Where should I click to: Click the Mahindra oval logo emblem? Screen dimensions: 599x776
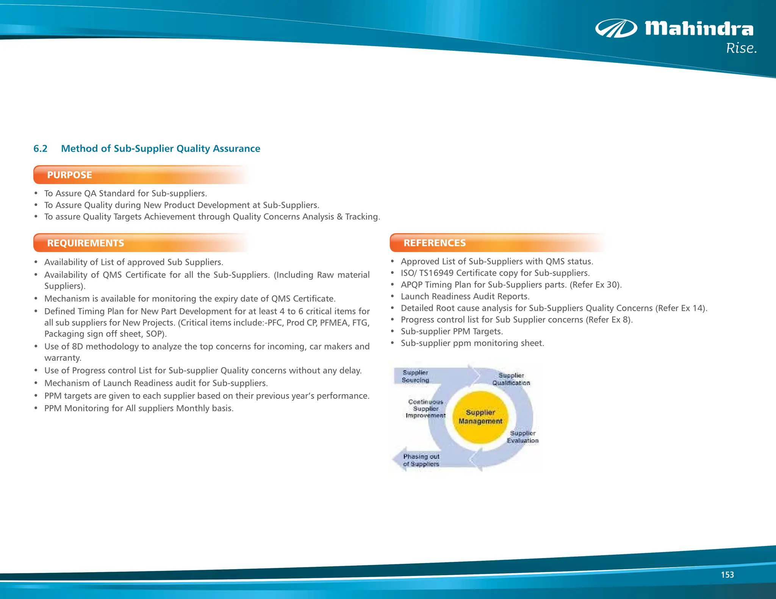(616, 28)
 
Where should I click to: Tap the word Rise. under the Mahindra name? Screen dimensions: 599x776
(741, 48)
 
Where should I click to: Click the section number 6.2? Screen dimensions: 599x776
(40, 148)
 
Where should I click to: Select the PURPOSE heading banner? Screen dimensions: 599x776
(70, 175)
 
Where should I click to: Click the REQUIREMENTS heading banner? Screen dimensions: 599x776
(86, 243)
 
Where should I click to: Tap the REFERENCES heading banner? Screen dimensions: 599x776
(435, 243)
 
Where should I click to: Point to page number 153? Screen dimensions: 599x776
(727, 575)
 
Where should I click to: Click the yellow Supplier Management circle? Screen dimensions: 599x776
(480, 417)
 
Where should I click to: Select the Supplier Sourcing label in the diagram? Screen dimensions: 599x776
(415, 376)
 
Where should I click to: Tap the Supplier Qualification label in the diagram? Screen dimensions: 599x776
(511, 379)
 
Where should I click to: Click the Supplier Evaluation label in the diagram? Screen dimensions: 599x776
(523, 437)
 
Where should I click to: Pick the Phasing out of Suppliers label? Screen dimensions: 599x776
(421, 460)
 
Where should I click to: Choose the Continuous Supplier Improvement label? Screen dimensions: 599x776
(426, 409)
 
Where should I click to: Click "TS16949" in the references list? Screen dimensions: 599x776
(436, 273)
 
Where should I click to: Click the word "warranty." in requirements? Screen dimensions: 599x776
(63, 358)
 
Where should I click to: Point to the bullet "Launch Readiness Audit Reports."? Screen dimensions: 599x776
(465, 296)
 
